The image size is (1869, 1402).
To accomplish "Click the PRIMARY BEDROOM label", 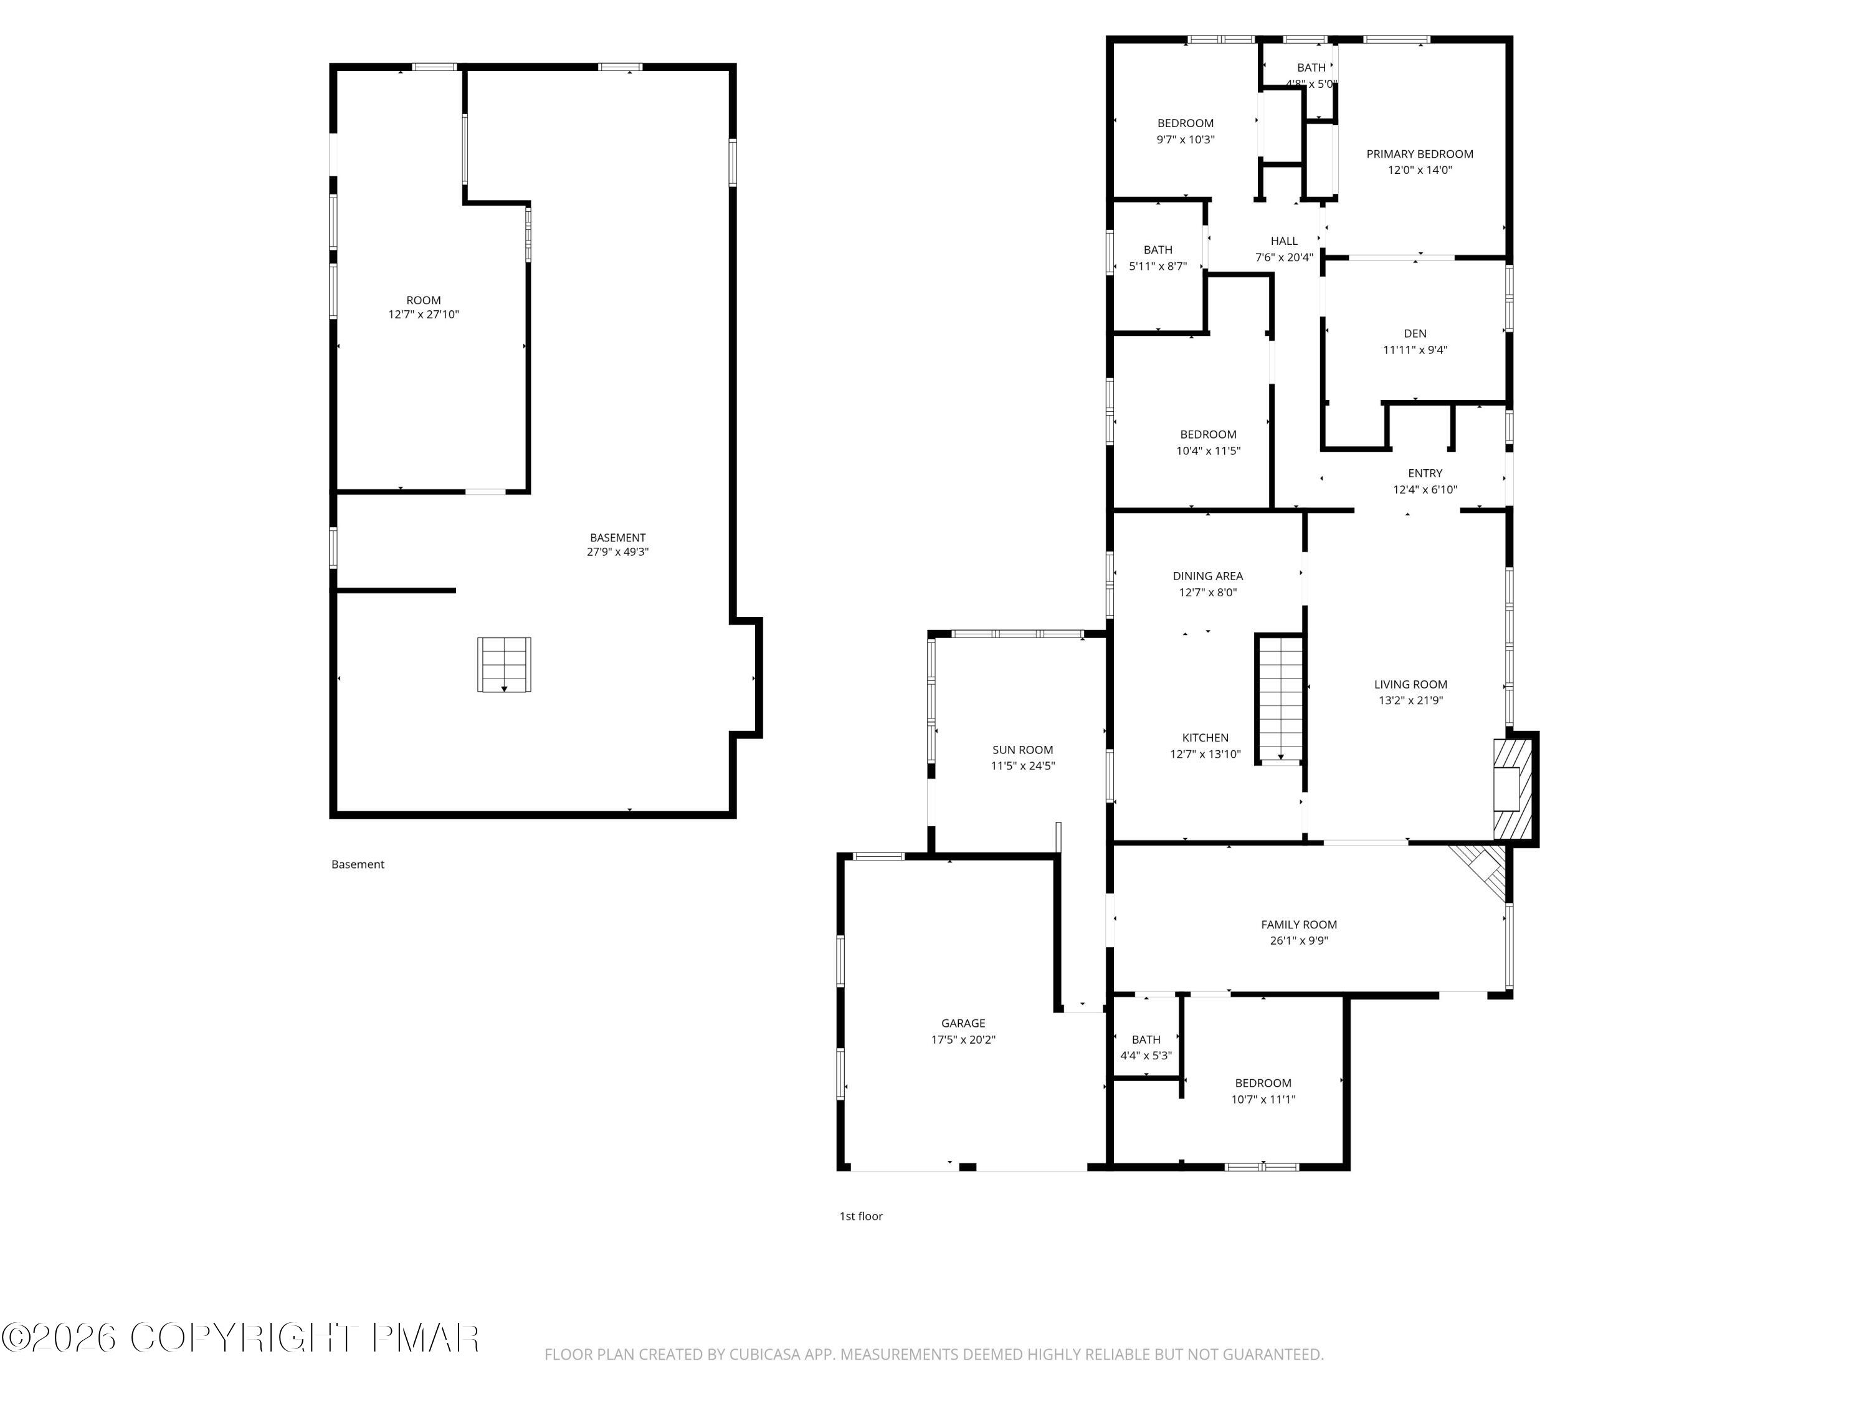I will (x=1419, y=154).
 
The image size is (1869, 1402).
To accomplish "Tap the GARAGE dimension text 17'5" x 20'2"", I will (x=963, y=1039).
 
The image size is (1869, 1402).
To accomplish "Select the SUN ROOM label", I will (x=1022, y=750).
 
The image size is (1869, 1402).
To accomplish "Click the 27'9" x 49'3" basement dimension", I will (x=617, y=552).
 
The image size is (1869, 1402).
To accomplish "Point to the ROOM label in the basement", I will (x=423, y=300).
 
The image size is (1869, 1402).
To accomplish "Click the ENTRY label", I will (x=1425, y=473).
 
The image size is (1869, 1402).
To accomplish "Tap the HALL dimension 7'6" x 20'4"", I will (x=1283, y=257).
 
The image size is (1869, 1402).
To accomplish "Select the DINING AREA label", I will (x=1207, y=576).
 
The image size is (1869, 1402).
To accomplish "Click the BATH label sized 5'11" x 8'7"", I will (x=1158, y=250).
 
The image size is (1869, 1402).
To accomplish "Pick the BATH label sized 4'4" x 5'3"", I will (x=1146, y=1039).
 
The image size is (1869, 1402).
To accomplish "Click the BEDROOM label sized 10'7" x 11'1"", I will (x=1263, y=1084).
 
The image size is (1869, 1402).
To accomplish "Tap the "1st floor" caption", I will (x=860, y=1216).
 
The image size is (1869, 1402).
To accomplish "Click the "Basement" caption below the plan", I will (x=358, y=864).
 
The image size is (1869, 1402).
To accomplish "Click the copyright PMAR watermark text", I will (x=241, y=1338).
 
